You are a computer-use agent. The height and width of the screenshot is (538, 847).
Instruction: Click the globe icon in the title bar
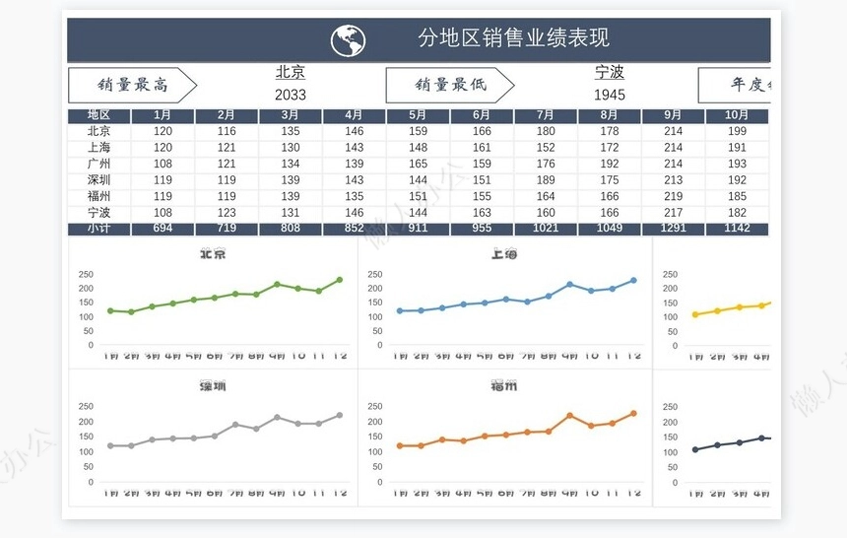click(x=348, y=40)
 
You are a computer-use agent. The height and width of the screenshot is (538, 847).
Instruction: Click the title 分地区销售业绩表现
click(x=513, y=38)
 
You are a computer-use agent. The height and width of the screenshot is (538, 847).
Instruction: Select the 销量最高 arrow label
click(x=132, y=86)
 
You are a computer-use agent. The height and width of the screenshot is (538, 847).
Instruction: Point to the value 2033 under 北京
click(x=290, y=96)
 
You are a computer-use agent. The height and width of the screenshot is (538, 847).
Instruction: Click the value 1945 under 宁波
click(x=609, y=96)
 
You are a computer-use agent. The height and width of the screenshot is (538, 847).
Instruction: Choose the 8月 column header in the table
click(x=610, y=115)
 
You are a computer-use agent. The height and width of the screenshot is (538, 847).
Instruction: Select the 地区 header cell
click(x=98, y=115)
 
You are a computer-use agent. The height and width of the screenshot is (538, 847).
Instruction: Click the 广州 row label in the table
click(x=98, y=164)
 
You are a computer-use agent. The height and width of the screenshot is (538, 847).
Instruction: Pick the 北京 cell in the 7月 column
click(x=546, y=131)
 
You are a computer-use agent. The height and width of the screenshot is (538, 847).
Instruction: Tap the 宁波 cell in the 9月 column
click(x=673, y=213)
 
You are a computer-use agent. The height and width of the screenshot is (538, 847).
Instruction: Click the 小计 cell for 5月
click(x=418, y=229)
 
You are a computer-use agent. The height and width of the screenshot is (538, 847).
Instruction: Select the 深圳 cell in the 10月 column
click(x=737, y=180)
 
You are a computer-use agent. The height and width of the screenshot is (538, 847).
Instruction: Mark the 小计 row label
click(x=98, y=229)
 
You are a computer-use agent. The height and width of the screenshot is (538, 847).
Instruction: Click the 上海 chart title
click(x=504, y=254)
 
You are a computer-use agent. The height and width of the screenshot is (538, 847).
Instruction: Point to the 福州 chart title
click(x=504, y=386)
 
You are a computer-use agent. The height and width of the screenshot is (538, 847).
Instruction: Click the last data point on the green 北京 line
click(x=340, y=280)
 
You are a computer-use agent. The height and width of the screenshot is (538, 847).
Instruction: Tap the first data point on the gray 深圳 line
click(x=110, y=445)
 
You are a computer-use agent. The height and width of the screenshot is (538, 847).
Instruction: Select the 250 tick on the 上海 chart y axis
click(x=375, y=275)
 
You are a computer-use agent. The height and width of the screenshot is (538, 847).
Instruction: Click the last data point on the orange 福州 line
click(x=633, y=413)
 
